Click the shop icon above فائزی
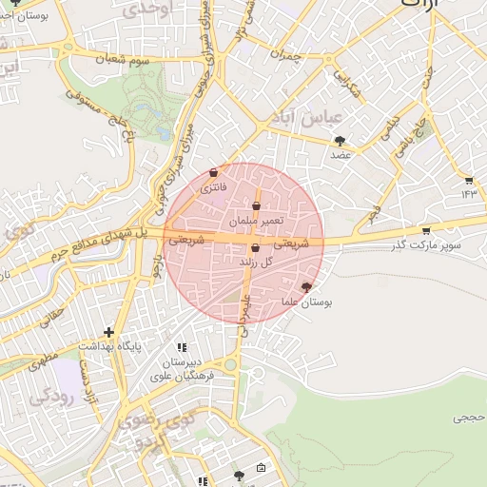[212, 173]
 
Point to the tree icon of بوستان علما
[305, 286]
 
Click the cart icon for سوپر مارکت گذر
[425, 230]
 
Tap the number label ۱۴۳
[468, 194]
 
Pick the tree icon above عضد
[340, 141]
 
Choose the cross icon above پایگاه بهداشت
[109, 333]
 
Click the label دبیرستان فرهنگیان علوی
[183, 370]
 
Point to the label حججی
[469, 417]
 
